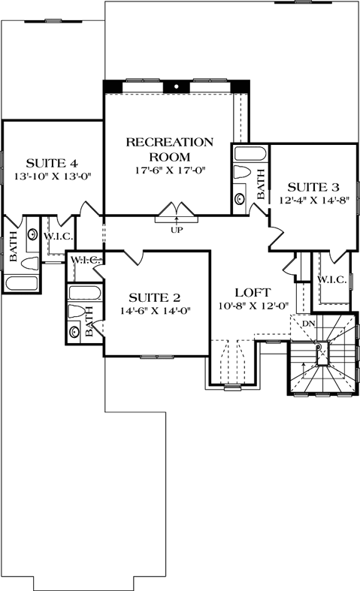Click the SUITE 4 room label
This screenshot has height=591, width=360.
[53, 162]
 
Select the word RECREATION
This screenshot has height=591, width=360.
[169, 142]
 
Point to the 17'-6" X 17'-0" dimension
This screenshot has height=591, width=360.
[169, 170]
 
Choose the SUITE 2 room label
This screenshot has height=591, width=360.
[154, 296]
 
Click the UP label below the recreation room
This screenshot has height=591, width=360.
[177, 230]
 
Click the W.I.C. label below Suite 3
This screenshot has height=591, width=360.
[331, 279]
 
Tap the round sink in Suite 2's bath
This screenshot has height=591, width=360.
[74, 330]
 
